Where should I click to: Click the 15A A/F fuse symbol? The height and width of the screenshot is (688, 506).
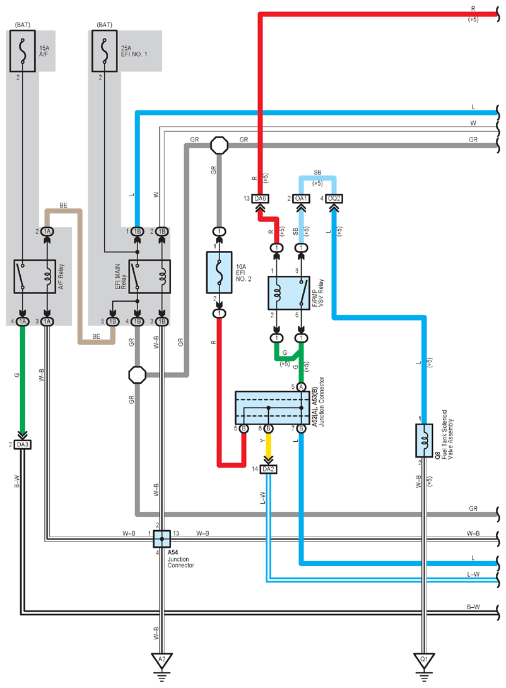23,51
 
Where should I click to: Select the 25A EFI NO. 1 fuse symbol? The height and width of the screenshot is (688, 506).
104,51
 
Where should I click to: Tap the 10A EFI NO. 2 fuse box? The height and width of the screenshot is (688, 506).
219,273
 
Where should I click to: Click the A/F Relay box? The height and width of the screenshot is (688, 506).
35,276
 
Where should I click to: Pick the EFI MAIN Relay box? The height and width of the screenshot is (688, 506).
150,276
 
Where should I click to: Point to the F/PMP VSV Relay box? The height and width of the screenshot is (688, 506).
289,293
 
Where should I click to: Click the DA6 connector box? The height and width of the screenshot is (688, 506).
261,198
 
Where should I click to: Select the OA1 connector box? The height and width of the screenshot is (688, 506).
301,198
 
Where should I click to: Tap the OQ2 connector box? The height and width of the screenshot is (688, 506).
334,198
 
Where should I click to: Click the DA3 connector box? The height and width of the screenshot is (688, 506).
22,444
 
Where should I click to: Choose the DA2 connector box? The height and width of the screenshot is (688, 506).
268,469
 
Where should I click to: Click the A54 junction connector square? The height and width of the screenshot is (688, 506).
162,538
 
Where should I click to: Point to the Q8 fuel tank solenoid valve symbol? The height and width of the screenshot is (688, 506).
424,441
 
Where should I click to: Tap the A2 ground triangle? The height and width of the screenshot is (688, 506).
162,660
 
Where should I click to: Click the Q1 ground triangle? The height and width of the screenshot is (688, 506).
424,660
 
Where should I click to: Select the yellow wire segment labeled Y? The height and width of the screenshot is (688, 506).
268,445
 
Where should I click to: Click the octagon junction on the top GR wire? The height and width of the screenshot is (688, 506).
219,145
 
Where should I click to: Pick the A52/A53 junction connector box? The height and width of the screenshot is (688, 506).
272,408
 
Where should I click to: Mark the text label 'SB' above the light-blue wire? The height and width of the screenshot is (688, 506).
317,172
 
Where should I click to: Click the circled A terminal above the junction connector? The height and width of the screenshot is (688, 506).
301,386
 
